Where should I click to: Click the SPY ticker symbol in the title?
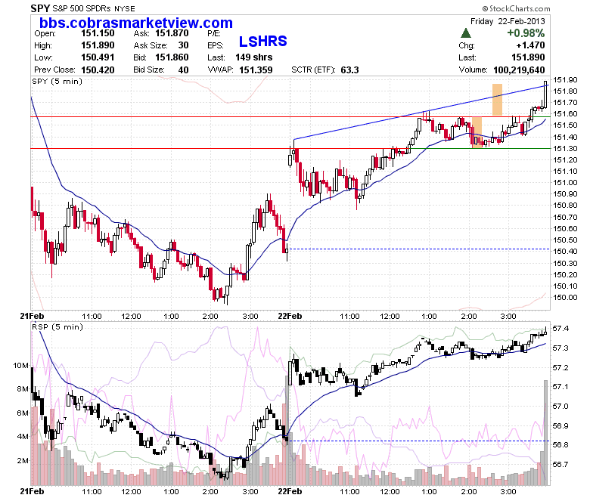[x=40, y=8]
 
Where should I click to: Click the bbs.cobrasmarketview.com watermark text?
[x=136, y=23]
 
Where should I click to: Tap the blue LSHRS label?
[x=263, y=42]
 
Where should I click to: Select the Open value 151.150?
[x=98, y=33]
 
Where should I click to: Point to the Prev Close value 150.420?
[x=98, y=70]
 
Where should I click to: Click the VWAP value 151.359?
[x=256, y=70]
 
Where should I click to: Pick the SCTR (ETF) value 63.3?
[x=350, y=70]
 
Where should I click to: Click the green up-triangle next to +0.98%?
[x=466, y=33]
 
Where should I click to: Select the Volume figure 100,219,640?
[x=519, y=70]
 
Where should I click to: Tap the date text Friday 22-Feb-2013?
[x=508, y=21]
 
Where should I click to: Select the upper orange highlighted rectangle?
[x=498, y=99]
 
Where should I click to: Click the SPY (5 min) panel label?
[x=57, y=82]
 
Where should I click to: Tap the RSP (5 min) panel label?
[x=57, y=327]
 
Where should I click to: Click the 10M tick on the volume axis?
[x=20, y=365]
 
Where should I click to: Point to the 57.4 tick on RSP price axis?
[x=560, y=329]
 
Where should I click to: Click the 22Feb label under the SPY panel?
[x=290, y=316]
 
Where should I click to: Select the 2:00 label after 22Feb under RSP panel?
[x=469, y=492]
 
